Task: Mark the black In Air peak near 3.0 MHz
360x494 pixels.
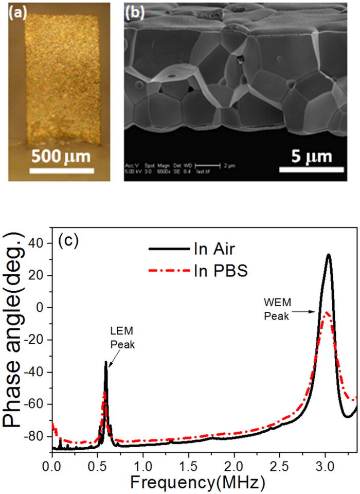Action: (328, 254)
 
